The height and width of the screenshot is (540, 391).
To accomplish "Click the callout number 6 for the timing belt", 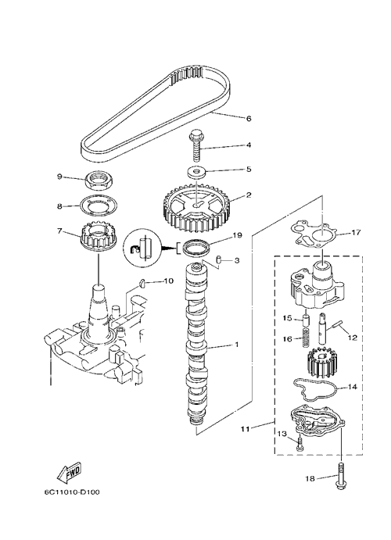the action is coord(249,119).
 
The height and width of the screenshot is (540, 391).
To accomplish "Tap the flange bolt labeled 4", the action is coord(195,145).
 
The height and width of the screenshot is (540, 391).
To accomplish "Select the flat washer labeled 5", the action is coord(198,172).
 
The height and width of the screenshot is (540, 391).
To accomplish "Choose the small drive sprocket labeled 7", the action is coord(98,237).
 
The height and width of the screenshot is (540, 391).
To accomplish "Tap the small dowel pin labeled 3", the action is coord(217,260).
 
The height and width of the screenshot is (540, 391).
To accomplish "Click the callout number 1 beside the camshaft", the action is coord(237,345).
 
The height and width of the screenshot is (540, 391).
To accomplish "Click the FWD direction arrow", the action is coord(70,473).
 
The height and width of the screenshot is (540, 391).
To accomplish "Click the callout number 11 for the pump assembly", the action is coord(246,429).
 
